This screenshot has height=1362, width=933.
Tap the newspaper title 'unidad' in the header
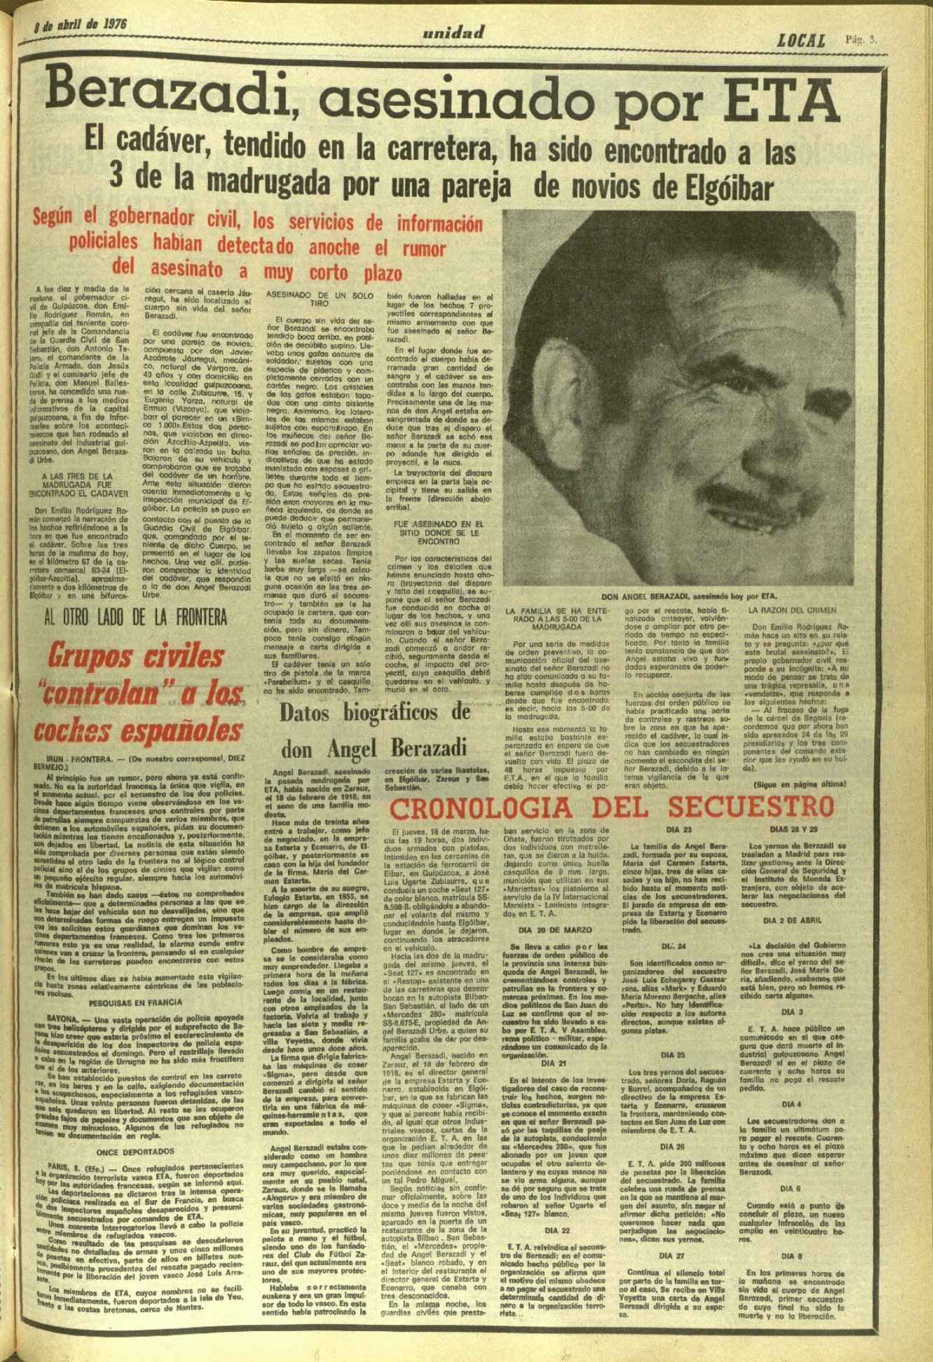coord(454,32)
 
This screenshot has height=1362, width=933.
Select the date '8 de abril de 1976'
coord(80,23)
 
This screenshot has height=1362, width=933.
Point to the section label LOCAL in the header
coord(801,41)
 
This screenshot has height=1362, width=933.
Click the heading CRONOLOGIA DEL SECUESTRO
coord(612,808)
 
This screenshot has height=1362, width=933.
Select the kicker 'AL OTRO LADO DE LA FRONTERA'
coord(135,616)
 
